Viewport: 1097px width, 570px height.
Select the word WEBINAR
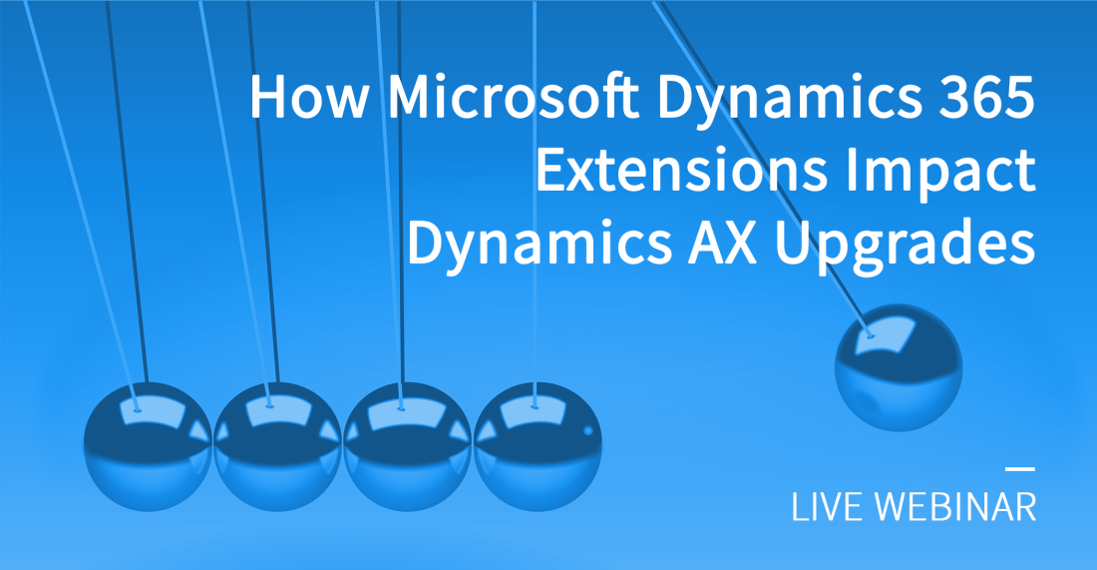[954, 506]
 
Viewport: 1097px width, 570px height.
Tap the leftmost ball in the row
[147, 448]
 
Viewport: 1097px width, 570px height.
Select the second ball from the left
[277, 448]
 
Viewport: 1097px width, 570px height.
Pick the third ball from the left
[407, 448]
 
